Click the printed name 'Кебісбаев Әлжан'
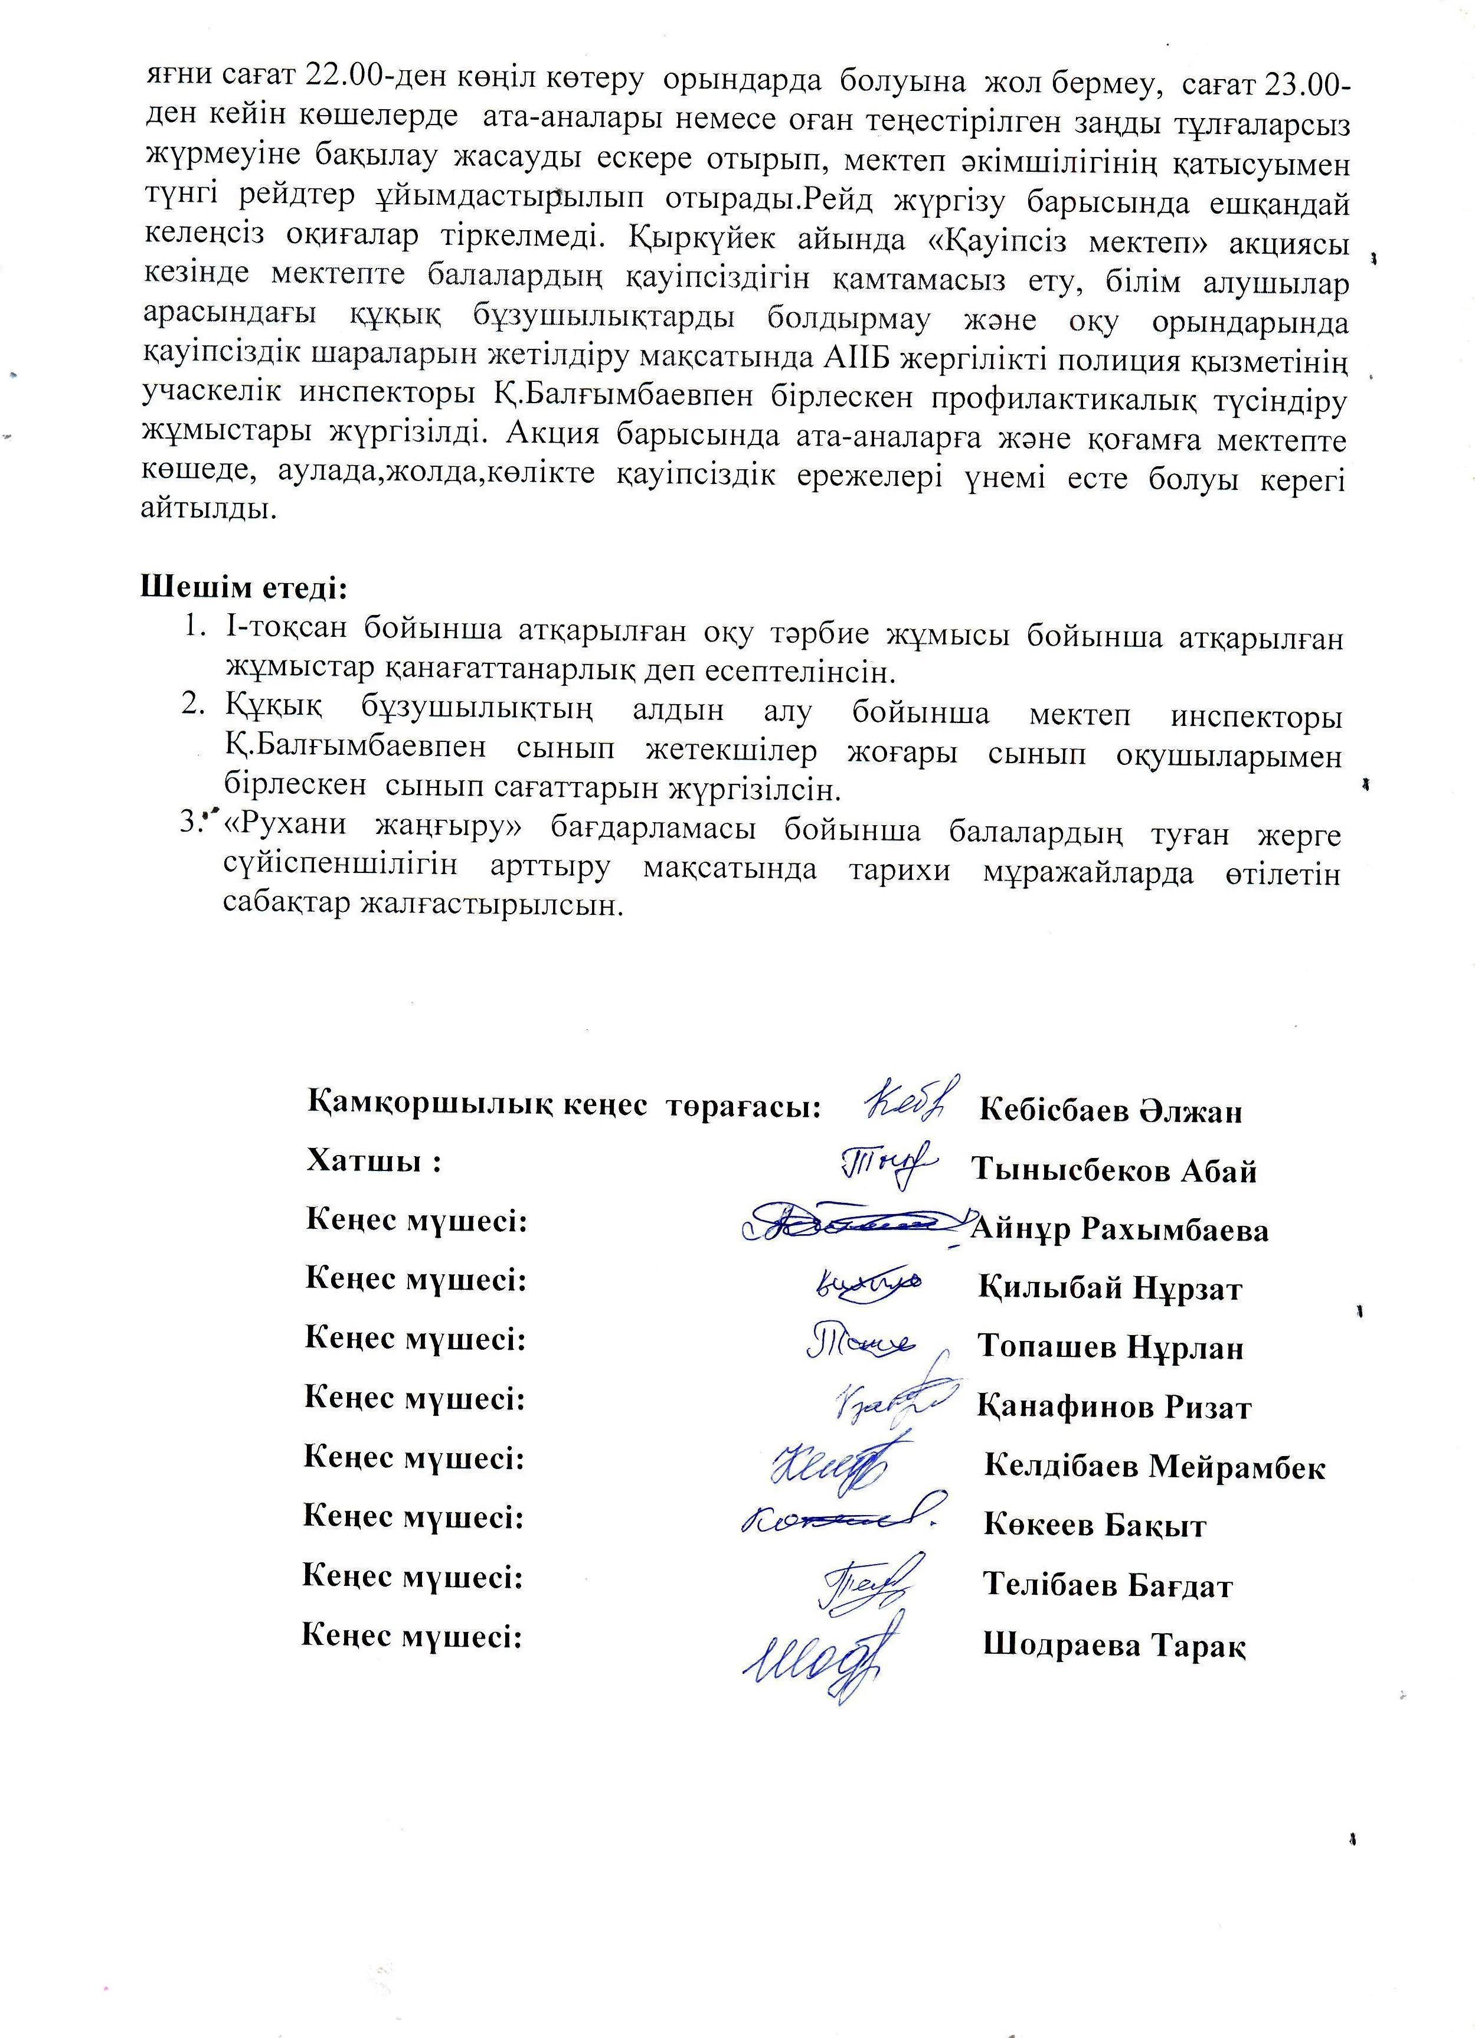(x=1110, y=1111)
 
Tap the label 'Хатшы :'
(x=373, y=1161)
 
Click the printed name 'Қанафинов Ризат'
(x=1114, y=1407)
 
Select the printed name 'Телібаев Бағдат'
(x=1107, y=1585)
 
